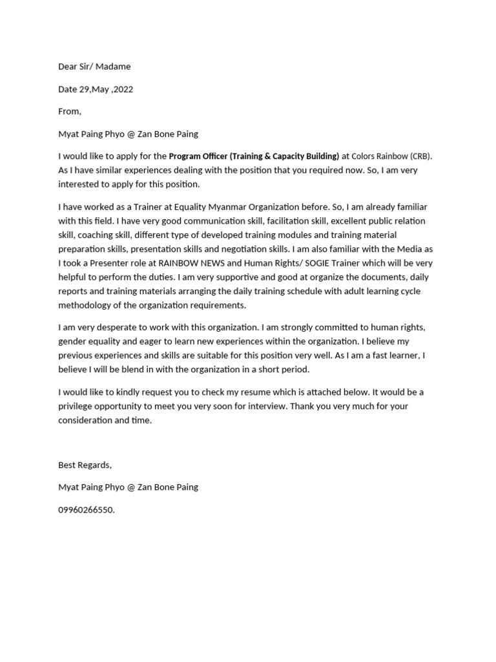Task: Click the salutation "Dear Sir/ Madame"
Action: pyautogui.click(x=94, y=67)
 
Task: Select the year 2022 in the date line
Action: pyautogui.click(x=123, y=89)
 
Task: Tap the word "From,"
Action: pyautogui.click(x=70, y=111)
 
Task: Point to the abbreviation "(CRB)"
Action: pyautogui.click(x=420, y=156)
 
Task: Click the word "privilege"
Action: pyautogui.click(x=78, y=406)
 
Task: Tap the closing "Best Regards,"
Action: pyautogui.click(x=85, y=465)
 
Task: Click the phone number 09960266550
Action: pyautogui.click(x=86, y=509)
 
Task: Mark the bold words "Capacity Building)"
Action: pyautogui.click(x=303, y=156)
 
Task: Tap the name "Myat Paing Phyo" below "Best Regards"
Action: pyautogui.click(x=90, y=487)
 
